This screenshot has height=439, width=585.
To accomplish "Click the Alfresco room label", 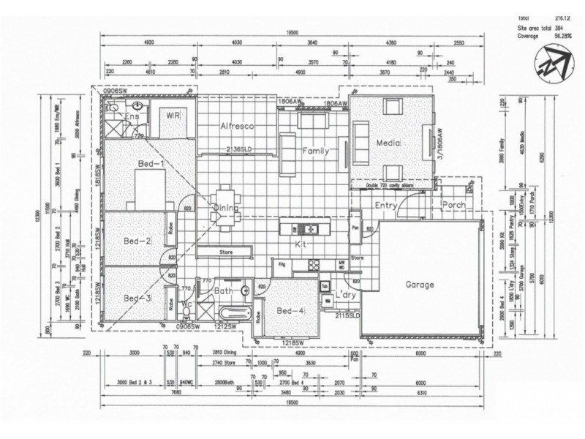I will pyautogui.click(x=236, y=127).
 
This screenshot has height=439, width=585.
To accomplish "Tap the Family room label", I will pyautogui.click(x=315, y=151).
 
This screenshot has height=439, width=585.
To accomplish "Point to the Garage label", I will pyautogui.click(x=420, y=285).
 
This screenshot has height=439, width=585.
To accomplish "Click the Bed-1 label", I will pyautogui.click(x=149, y=165).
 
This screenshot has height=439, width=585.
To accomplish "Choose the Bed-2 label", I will pyautogui.click(x=137, y=241).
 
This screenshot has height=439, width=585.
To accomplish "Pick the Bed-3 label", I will pyautogui.click(x=137, y=298).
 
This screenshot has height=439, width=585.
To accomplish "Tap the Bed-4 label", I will pyautogui.click(x=291, y=312).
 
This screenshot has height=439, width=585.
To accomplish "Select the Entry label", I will pyautogui.click(x=385, y=206).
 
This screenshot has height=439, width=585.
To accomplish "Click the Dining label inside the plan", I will pyautogui.click(x=227, y=208).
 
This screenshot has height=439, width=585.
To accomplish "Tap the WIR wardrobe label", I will pyautogui.click(x=173, y=116).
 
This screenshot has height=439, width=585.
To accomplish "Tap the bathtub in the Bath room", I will pyautogui.click(x=232, y=313).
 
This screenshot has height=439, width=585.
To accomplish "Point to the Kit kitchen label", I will pyautogui.click(x=301, y=244).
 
